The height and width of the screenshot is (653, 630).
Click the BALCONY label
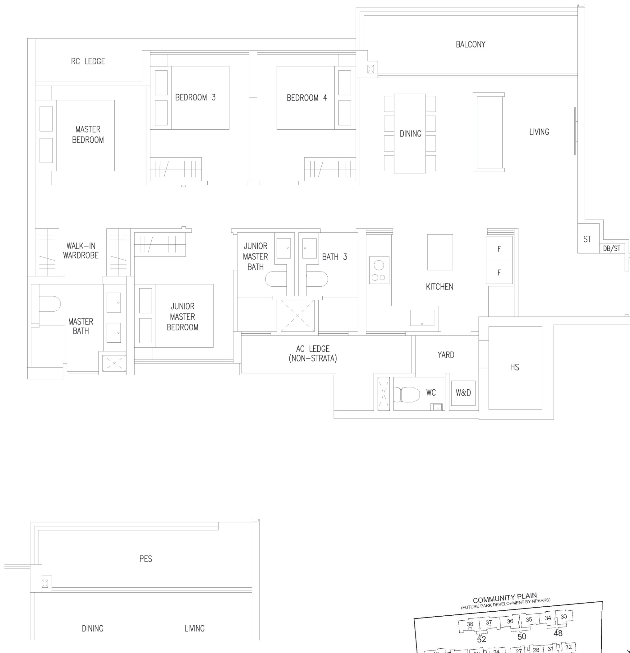[471, 44]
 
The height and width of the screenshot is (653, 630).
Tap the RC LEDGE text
[88, 61]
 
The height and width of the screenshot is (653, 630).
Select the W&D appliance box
[463, 393]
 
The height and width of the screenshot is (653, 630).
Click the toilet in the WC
[407, 395]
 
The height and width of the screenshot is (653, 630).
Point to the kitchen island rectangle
[440, 252]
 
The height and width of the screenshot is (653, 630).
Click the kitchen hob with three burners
[379, 270]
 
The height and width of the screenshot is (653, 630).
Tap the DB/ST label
[612, 248]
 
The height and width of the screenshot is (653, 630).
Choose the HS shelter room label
[514, 367]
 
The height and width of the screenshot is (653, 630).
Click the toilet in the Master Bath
[50, 303]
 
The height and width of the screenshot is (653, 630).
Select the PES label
[145, 559]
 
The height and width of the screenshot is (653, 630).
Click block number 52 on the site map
[481, 639]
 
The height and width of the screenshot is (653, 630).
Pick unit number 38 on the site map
[470, 624]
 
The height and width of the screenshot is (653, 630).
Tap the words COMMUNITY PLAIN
[505, 598]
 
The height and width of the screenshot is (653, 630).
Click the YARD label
[446, 355]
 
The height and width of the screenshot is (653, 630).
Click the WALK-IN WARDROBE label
[81, 251]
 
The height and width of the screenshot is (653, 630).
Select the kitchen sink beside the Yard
[422, 318]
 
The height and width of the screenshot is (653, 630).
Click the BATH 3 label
[334, 257]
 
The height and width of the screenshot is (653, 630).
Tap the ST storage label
[587, 239]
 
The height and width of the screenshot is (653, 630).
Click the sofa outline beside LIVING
[489, 132]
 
